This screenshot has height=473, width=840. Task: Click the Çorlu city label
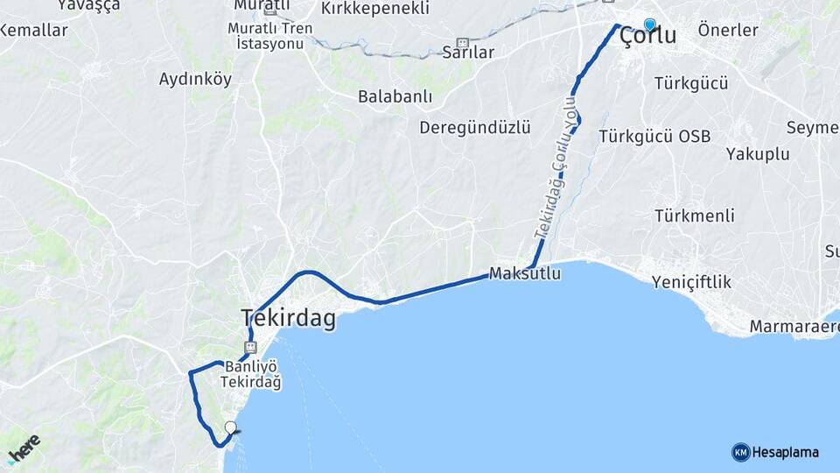pos(647,37)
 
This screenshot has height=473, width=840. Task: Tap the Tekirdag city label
pos(288,319)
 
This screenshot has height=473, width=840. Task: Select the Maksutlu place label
pos(525,274)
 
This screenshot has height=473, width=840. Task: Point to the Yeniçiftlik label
pos(691,282)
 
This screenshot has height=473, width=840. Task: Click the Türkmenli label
pos(694,215)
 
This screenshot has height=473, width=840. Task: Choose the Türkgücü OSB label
pos(654,137)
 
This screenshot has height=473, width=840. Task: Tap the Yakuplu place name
pos(758,154)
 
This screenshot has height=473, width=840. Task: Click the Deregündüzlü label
pos(474,128)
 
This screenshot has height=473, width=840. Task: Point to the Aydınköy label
pos(195,80)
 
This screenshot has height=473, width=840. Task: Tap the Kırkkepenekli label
pos(375,9)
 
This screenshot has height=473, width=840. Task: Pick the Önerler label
pos(728,31)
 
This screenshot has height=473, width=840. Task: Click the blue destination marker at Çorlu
pos(649,25)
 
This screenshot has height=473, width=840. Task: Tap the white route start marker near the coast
pos(230,427)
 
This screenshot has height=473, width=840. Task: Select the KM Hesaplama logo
pos(775,452)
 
